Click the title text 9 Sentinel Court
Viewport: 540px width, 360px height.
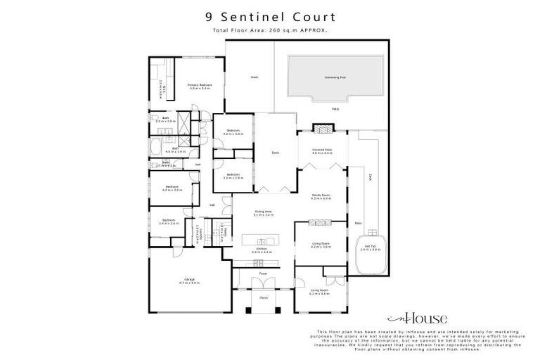tap(270, 16)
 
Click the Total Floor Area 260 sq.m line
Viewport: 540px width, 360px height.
tap(270, 30)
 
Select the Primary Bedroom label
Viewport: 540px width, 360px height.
tap(200, 86)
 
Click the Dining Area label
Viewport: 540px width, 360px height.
tap(264, 212)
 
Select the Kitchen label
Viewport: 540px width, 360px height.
tap(262, 249)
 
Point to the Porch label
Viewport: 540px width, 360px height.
tap(264, 298)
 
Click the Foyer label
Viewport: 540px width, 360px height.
tap(263, 273)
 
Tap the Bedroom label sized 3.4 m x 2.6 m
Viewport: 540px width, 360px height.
tap(169, 221)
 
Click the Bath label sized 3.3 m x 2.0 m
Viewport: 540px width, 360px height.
tap(165, 120)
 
